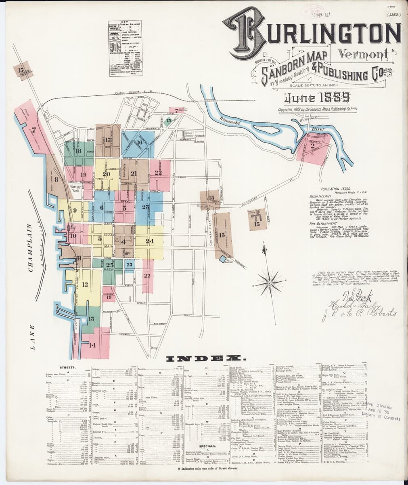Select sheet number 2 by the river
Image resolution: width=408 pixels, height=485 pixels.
[x=312, y=146]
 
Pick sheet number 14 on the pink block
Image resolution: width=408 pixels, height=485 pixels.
[x=92, y=345]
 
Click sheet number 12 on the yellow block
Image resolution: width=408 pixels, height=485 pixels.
[x=85, y=284]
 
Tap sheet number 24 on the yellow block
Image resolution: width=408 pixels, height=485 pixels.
[x=150, y=241]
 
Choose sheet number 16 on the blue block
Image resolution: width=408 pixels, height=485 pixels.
[x=139, y=142]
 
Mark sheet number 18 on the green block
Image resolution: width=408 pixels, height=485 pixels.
[x=78, y=151]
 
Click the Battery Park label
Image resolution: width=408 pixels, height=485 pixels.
[x=76, y=188]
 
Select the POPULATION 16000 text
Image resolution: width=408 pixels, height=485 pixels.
[x=335, y=189]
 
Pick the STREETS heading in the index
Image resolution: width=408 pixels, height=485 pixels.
[x=65, y=367]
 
